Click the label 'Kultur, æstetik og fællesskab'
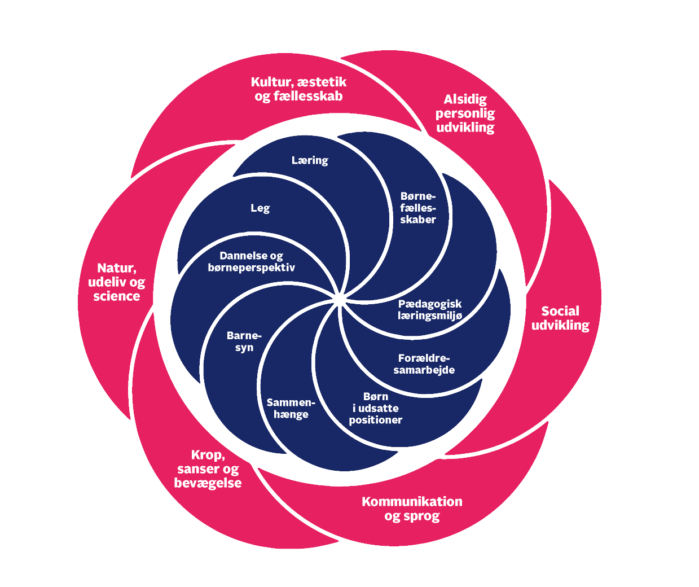point(298,89)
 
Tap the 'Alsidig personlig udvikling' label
point(465,113)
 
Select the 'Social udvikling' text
point(560,318)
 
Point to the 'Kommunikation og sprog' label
point(412,509)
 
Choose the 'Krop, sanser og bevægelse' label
point(208,469)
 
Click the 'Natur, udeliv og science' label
point(117,282)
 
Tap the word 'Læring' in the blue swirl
point(310,160)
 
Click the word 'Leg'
point(260,208)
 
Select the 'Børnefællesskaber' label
point(418,208)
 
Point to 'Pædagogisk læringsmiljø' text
point(430,310)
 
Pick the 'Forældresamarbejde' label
point(424,364)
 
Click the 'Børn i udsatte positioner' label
point(376,408)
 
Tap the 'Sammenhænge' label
point(291,408)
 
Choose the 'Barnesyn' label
point(244,341)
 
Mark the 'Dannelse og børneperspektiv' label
point(252,262)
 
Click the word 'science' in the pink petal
point(117,296)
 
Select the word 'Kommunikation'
point(412,501)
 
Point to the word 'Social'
point(560,311)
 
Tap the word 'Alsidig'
point(465,99)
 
